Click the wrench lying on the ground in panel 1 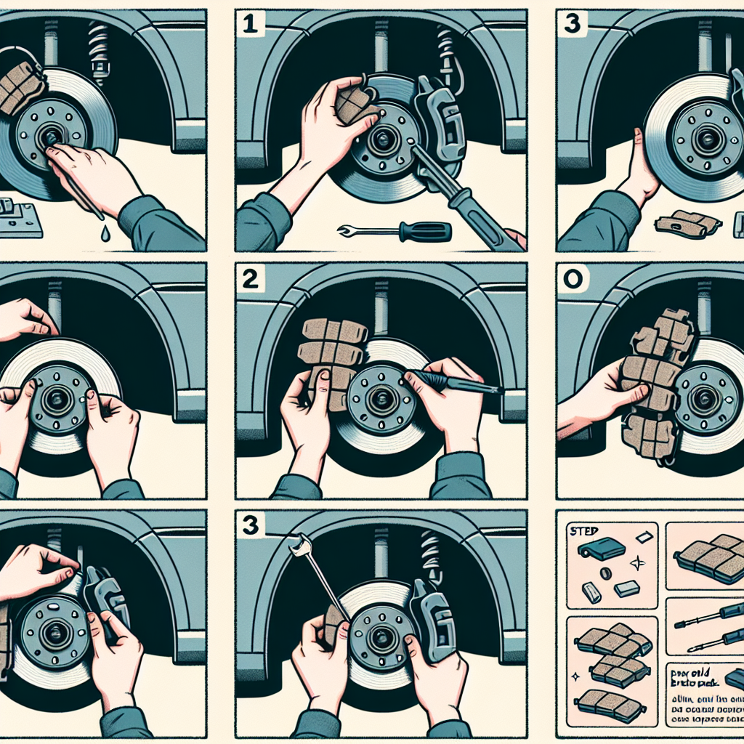tap(396, 232)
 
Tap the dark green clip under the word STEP tap(602, 550)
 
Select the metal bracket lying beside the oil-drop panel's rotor tap(18, 218)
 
